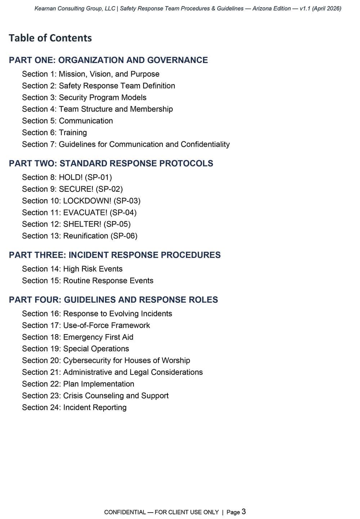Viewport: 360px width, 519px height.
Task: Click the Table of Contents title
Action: click(50, 38)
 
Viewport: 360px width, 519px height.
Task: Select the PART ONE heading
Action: click(108, 60)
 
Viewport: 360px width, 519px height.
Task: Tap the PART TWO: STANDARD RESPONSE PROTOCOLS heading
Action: click(111, 163)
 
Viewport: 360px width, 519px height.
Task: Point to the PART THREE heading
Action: click(114, 255)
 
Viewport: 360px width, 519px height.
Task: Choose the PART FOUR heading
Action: click(113, 300)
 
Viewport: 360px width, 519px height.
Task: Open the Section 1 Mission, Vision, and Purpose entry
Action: click(90, 74)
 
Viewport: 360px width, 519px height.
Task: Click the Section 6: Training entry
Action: click(54, 133)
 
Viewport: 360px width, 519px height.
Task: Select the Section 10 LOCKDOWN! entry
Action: click(81, 201)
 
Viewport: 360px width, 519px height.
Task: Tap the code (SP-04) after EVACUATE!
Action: click(123, 213)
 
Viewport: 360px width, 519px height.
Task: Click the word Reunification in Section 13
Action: click(86, 236)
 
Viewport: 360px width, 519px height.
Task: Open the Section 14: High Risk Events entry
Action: click(72, 269)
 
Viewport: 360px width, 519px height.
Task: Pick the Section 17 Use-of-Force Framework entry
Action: click(86, 325)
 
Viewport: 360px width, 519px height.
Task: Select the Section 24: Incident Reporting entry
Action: click(74, 408)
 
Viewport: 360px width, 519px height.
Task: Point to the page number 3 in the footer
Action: click(244, 511)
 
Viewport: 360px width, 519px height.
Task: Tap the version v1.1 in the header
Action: click(305, 8)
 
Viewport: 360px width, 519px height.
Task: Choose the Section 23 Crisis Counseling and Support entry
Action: click(95, 396)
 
